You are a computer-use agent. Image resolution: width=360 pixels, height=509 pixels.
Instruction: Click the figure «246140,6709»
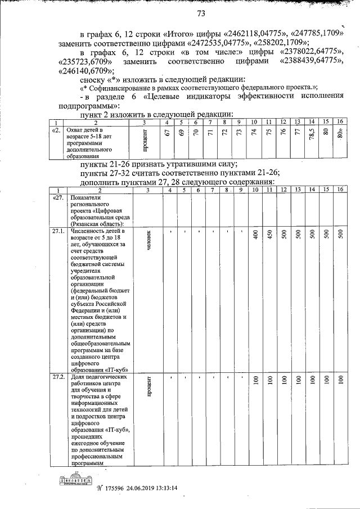pos(84,71)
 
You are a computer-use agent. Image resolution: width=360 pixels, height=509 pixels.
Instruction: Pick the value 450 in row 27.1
pos(270,237)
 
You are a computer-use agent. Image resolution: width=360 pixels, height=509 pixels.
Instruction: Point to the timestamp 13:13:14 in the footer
pos(164,488)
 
